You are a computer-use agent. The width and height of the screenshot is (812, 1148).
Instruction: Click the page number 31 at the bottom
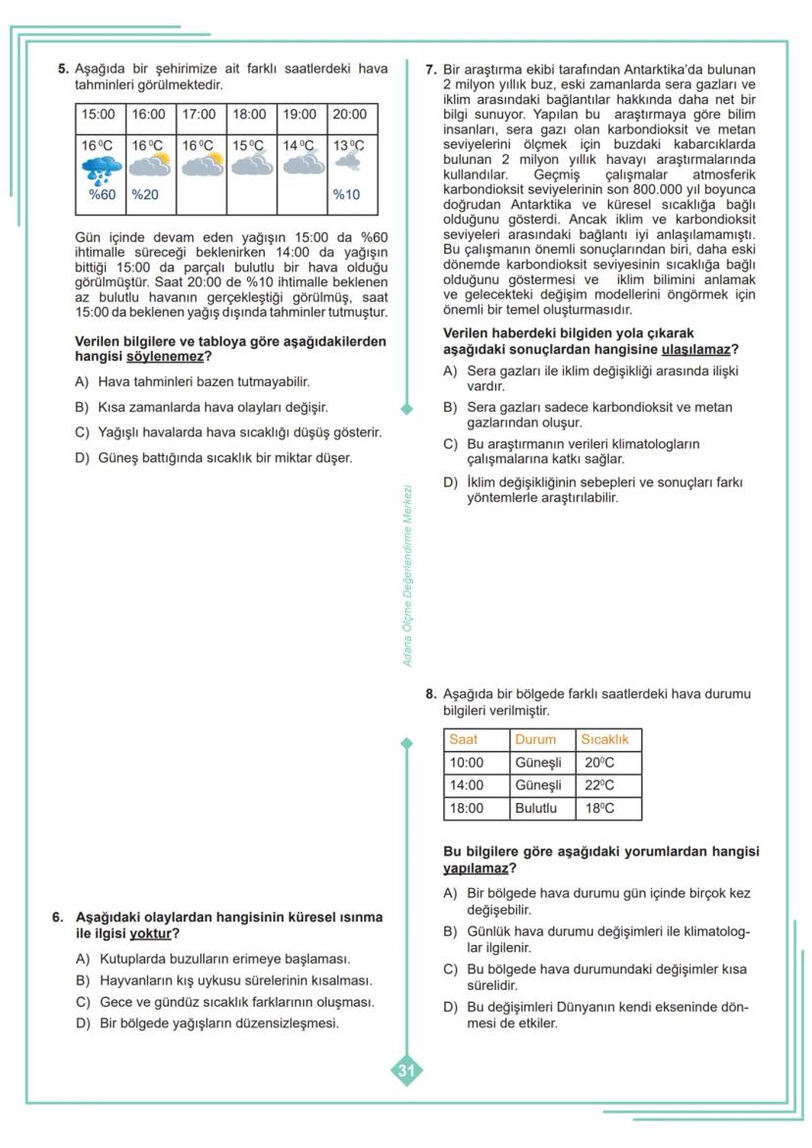pos(406,1072)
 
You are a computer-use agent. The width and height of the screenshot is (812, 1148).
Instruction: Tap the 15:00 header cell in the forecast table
pos(98,115)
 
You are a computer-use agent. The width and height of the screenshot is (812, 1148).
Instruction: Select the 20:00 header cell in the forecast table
pos(349,115)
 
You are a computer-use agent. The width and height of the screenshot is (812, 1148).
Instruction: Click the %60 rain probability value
pos(102,194)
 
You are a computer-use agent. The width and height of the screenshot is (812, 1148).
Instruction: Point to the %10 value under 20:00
pos(346,194)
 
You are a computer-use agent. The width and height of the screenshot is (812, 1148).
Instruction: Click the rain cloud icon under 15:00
pos(101,169)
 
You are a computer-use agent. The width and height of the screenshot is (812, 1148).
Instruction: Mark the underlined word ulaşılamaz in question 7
pos(696,349)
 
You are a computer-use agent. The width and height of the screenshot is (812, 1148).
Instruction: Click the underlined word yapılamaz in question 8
pos(476,868)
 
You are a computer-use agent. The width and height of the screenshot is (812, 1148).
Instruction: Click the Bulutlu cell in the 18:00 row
pos(535,809)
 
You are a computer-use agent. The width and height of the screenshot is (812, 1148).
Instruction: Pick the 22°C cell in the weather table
pos(599,785)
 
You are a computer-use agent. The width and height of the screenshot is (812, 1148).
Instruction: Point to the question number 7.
pos(431,70)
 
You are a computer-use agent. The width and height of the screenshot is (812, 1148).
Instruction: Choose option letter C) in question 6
pos(83,1002)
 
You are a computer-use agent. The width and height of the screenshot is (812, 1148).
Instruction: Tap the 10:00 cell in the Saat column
pos(467,763)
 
